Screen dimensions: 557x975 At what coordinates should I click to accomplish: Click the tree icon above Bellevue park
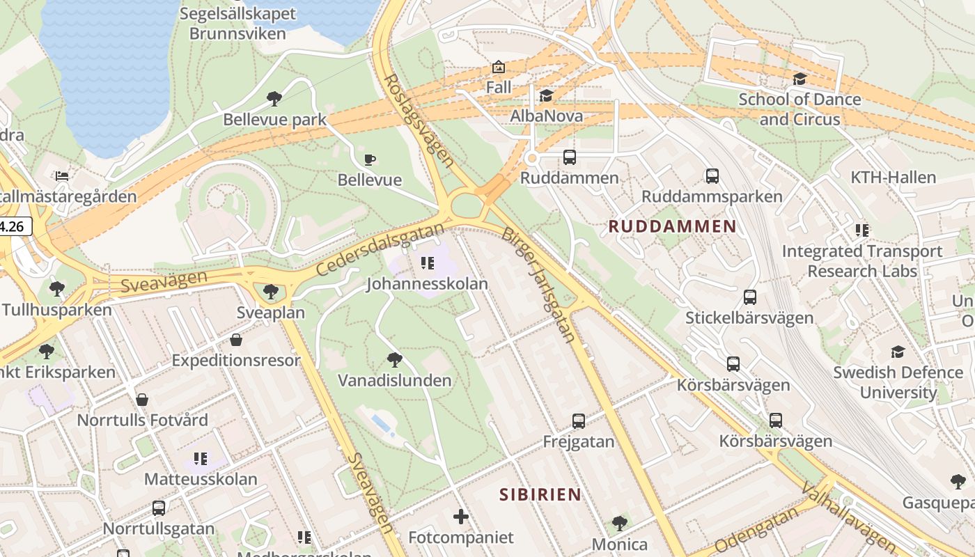274,99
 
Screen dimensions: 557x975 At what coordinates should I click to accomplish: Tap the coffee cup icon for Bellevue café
370,159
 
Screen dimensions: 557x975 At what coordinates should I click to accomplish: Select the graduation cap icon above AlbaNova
547,95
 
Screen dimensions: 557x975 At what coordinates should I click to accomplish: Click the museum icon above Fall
499,68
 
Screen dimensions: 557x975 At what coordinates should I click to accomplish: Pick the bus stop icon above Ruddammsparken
712,176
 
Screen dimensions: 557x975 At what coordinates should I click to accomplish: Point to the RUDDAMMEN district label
672,226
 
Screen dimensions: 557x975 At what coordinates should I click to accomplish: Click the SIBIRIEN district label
540,494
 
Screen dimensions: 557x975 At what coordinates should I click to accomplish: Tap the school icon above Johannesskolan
428,263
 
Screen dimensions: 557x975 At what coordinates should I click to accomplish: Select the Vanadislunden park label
395,380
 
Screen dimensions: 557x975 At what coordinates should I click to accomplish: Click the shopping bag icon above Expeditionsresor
236,340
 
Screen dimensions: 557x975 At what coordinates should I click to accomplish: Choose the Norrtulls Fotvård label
142,420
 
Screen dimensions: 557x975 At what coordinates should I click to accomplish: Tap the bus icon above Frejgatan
579,421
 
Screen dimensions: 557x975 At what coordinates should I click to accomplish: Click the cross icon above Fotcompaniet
461,517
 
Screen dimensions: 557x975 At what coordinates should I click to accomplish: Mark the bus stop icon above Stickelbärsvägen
749,297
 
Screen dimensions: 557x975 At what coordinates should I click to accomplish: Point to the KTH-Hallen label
893,178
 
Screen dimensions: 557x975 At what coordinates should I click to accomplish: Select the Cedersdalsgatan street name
380,249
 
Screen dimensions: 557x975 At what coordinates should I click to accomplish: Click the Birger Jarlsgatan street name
538,285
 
